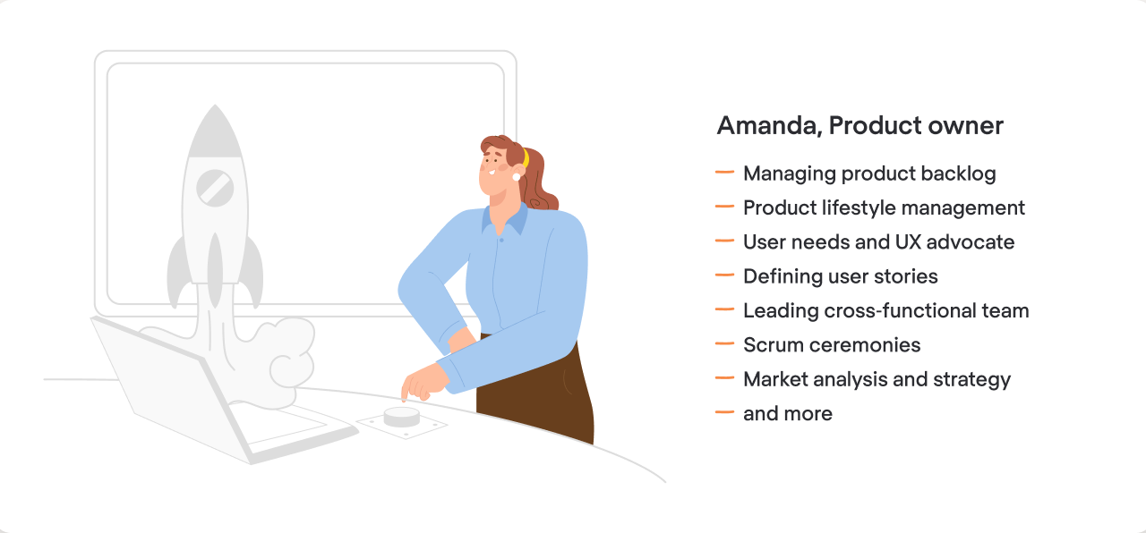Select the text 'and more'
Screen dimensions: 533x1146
pyautogui.click(x=788, y=414)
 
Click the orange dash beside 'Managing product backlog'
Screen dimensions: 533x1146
pyautogui.click(x=725, y=173)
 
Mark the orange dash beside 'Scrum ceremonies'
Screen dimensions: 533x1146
pyautogui.click(x=725, y=344)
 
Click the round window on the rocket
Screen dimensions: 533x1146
pyautogui.click(x=215, y=188)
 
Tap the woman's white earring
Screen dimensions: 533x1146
pyautogui.click(x=517, y=176)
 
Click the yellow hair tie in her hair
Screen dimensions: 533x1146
pyautogui.click(x=526, y=158)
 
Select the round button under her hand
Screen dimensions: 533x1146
pyautogui.click(x=401, y=416)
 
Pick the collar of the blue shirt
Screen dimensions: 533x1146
pyautogui.click(x=503, y=216)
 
